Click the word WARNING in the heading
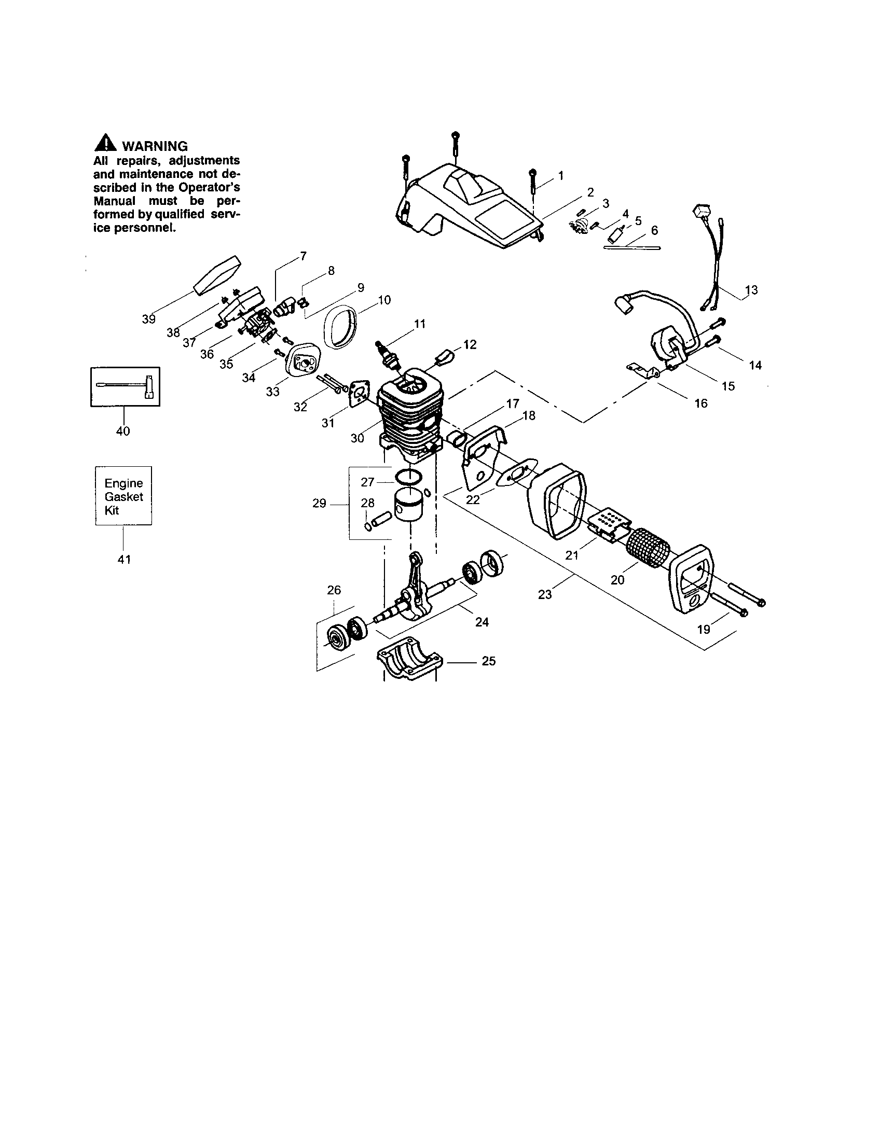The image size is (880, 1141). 154,146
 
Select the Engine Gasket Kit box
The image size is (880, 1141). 123,496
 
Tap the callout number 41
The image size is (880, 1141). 124,560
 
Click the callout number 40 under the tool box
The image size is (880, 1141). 123,432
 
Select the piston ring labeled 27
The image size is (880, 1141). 408,477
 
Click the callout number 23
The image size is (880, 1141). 544,594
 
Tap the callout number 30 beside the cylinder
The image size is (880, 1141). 357,438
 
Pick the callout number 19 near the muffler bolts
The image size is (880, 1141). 704,629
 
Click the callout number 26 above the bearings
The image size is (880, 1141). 334,590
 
